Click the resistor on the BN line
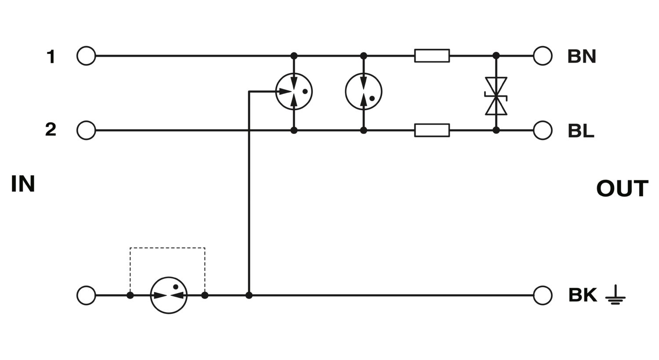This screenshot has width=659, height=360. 432,56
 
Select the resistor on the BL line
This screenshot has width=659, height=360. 432,130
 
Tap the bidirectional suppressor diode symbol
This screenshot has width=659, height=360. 496,96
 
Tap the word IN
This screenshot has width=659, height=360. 23,184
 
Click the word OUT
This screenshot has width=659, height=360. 622,188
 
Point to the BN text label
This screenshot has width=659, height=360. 582,57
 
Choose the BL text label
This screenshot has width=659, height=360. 581,131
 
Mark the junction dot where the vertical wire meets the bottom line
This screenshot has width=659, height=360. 249,295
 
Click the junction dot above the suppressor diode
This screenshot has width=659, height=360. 496,55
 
